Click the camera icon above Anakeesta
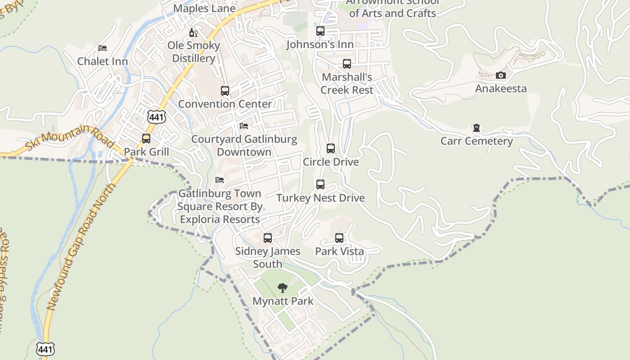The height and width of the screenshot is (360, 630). click(501, 76)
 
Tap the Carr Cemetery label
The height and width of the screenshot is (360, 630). click(477, 141)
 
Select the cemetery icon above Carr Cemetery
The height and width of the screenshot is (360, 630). click(477, 128)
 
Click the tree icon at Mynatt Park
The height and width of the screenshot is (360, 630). click(283, 288)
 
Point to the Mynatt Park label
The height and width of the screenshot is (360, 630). click(283, 301)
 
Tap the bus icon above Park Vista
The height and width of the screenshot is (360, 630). click(339, 238)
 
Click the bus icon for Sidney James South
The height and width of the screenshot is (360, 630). click(268, 238)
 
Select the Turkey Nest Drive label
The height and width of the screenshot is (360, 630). click(320, 198)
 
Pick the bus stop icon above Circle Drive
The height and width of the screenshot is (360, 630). click(331, 148)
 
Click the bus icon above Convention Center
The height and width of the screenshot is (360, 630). click(225, 90)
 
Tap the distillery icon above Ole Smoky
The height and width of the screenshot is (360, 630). click(193, 32)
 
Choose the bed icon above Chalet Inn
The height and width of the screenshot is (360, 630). click(103, 48)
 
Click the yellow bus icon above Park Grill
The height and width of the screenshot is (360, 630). click(146, 138)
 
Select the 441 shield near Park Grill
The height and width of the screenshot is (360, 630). click(156, 117)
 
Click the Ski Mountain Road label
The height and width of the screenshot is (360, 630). click(69, 138)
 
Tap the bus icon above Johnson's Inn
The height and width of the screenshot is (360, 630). click(320, 31)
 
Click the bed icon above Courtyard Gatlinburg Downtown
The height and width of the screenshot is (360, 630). click(244, 126)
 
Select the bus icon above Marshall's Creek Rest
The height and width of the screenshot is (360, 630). click(346, 64)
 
